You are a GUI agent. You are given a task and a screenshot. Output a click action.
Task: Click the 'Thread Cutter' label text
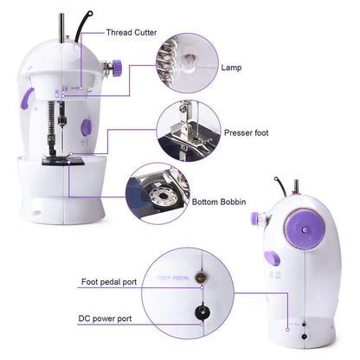132,32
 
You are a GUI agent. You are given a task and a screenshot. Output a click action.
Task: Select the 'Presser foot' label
246,133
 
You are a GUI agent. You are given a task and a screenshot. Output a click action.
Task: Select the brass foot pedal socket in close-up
202,278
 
